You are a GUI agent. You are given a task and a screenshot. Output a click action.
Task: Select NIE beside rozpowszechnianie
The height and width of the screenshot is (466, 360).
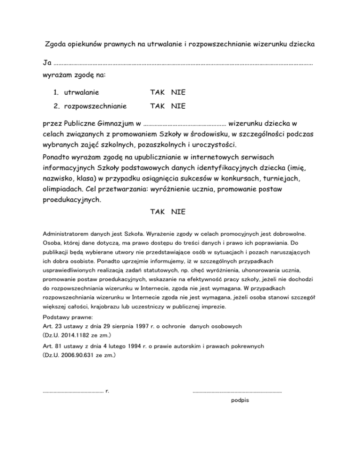[178, 106]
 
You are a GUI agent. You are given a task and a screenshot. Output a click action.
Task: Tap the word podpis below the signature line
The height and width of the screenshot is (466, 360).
[240, 400]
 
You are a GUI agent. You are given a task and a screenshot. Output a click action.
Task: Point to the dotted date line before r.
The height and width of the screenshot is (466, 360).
[73, 390]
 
